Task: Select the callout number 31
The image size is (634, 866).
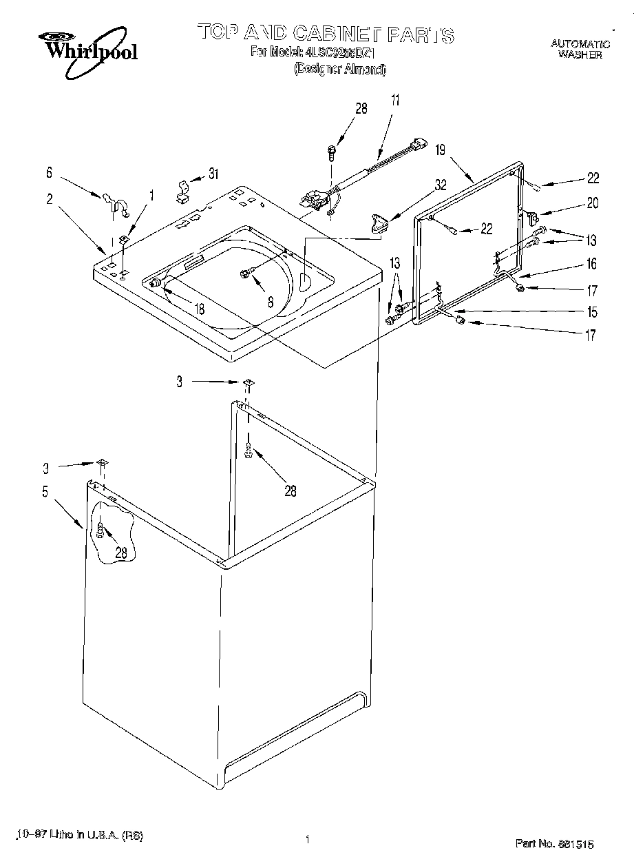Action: click(x=214, y=174)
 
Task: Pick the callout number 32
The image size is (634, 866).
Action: click(x=441, y=184)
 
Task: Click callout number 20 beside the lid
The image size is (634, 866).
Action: click(x=592, y=203)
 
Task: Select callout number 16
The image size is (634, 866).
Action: click(x=592, y=264)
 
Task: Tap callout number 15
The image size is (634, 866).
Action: click(x=592, y=311)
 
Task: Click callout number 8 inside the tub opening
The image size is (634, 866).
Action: click(x=271, y=301)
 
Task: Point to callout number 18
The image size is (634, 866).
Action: click(x=199, y=310)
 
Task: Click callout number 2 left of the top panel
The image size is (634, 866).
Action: click(x=50, y=199)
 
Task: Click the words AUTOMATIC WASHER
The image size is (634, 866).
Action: click(x=580, y=49)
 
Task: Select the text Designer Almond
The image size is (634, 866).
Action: click(x=340, y=69)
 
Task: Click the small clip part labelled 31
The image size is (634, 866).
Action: click(x=183, y=191)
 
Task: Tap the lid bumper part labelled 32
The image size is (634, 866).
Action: click(x=378, y=223)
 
